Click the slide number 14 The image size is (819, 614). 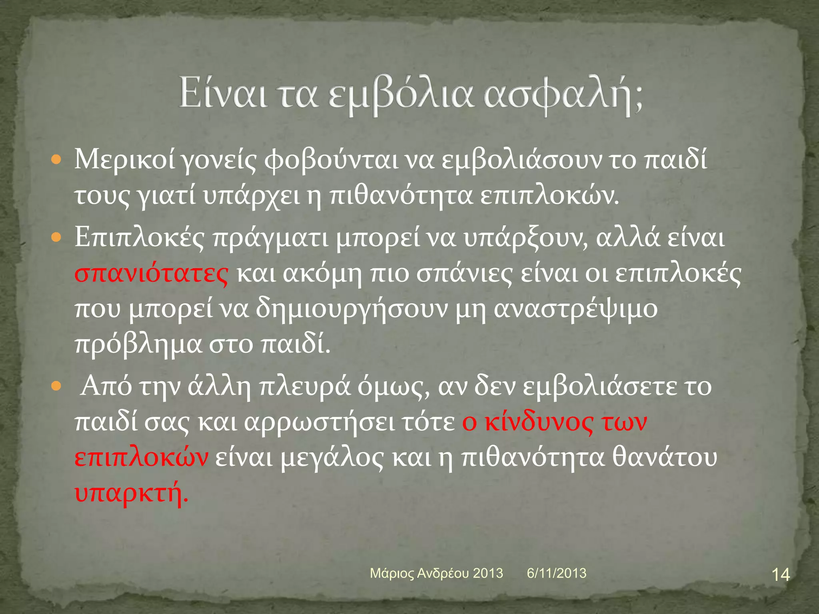(x=780, y=575)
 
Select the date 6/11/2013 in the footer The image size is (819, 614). (x=556, y=573)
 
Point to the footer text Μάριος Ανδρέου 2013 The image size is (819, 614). (x=436, y=573)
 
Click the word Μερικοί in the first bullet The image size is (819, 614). (x=125, y=160)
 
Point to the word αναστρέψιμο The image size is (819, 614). (x=576, y=309)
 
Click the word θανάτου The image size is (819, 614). (x=665, y=458)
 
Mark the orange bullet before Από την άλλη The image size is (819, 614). (x=56, y=387)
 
